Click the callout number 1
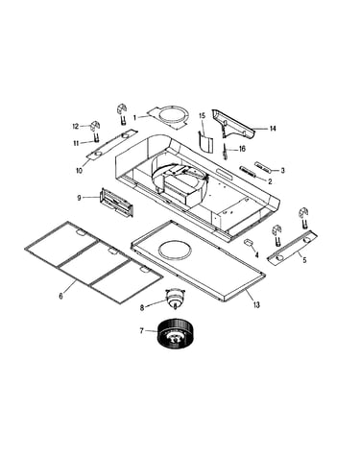click(134, 118)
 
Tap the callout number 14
click(273, 129)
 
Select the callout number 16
click(242, 149)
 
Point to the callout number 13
click(256, 304)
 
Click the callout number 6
click(60, 296)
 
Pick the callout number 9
click(80, 198)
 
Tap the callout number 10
click(79, 171)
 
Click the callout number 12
click(75, 127)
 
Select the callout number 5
click(304, 260)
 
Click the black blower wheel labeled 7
click(173, 334)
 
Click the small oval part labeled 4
click(249, 243)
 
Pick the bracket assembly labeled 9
click(116, 203)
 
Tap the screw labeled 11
click(96, 138)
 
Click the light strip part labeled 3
click(264, 166)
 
